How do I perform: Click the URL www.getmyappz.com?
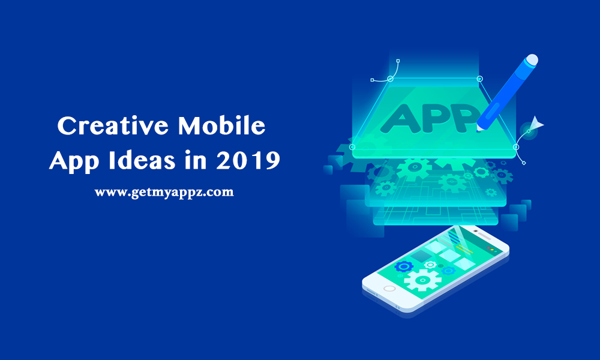click(164, 193)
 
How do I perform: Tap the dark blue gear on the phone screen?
click(404, 266)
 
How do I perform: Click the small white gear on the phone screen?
click(430, 264)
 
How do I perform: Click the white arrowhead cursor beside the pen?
click(536, 124)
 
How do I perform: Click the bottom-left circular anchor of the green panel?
click(352, 146)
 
